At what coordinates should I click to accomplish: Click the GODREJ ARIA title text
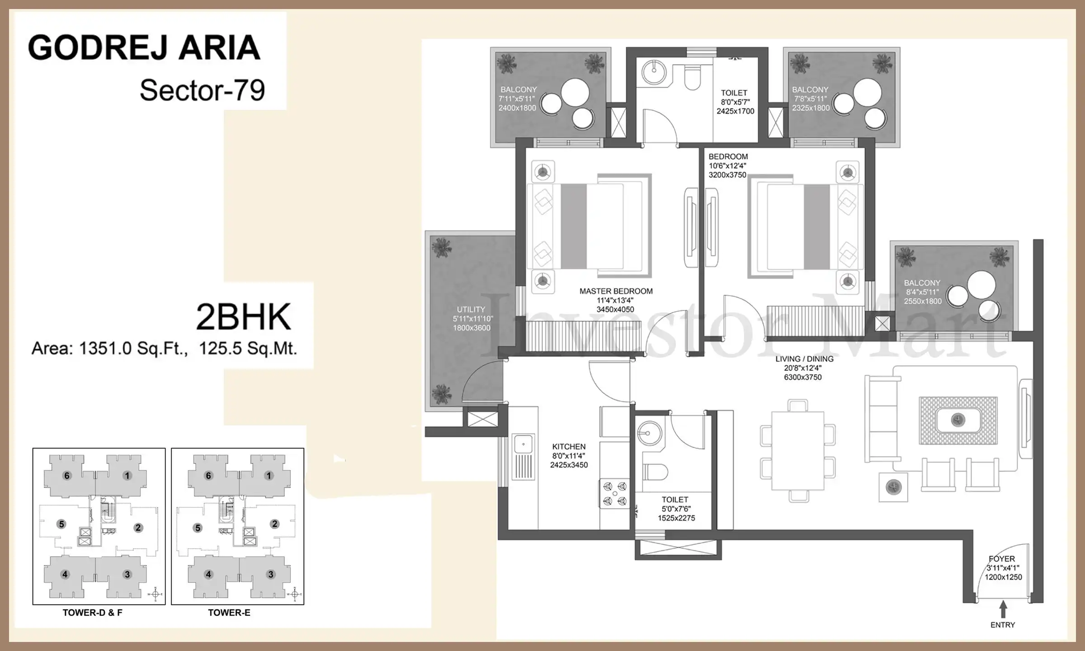pyautogui.click(x=144, y=48)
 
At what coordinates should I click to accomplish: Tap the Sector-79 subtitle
pyautogui.click(x=202, y=90)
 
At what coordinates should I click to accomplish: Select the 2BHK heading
pyautogui.click(x=244, y=317)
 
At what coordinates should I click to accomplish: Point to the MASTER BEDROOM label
pyautogui.click(x=616, y=291)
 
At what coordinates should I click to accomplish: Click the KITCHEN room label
pyautogui.click(x=569, y=447)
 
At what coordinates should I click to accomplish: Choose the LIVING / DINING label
pyautogui.click(x=804, y=359)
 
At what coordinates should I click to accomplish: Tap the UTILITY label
pyautogui.click(x=471, y=310)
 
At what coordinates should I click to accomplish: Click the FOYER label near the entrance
pyautogui.click(x=1002, y=559)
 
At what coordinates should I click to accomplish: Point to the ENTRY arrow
pyautogui.click(x=1003, y=609)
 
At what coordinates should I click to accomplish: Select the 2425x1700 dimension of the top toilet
pyautogui.click(x=736, y=111)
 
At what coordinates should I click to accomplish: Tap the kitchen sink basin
pyautogui.click(x=524, y=444)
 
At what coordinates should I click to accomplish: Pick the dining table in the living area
pyautogui.click(x=798, y=451)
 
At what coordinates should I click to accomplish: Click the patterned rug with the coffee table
pyautogui.click(x=958, y=420)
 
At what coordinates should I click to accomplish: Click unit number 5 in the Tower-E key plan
pyautogui.click(x=198, y=528)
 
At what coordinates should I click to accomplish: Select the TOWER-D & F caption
pyautogui.click(x=93, y=613)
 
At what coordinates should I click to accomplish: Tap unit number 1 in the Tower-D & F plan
pyautogui.click(x=127, y=476)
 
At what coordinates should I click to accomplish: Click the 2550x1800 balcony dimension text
pyautogui.click(x=923, y=302)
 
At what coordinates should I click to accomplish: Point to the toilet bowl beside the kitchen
pyautogui.click(x=655, y=472)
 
